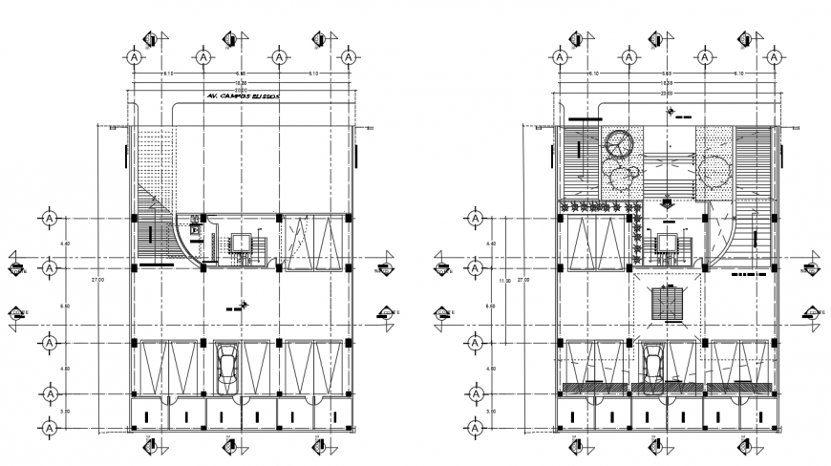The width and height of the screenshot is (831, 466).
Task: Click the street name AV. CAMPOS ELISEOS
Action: coord(241,97)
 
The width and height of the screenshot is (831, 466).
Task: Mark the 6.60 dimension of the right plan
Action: coord(489,307)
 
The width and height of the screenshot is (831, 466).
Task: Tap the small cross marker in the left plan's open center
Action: coord(245,305)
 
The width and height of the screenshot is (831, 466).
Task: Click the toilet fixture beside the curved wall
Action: coord(197,229)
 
